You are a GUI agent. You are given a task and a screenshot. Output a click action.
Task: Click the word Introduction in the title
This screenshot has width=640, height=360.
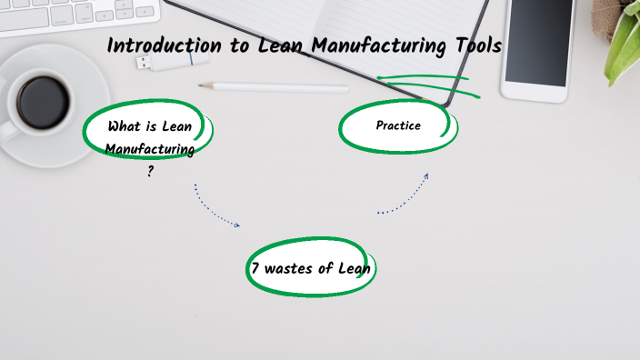pyautogui.click(x=160, y=45)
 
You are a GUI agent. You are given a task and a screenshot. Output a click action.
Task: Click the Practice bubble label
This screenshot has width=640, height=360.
pyautogui.click(x=398, y=125)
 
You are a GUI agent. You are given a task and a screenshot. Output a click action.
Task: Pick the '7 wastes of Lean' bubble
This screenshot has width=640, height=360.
pyautogui.click(x=311, y=268)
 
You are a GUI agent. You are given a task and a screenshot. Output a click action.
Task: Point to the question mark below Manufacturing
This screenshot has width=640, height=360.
pyautogui.click(x=150, y=171)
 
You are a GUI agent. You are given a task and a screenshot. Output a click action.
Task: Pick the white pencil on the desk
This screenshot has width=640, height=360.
pyautogui.click(x=277, y=87)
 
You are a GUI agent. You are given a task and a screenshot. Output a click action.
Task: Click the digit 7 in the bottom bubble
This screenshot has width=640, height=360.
pyautogui.click(x=255, y=268)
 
